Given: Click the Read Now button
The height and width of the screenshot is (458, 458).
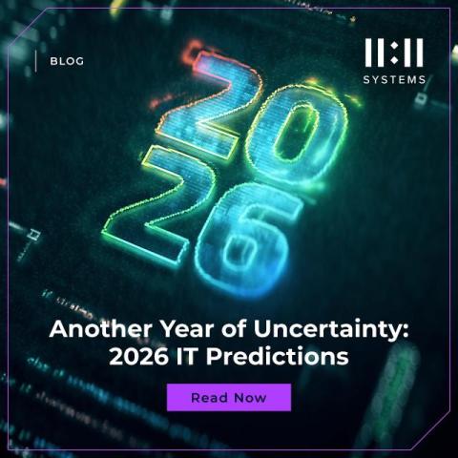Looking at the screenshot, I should [x=229, y=397].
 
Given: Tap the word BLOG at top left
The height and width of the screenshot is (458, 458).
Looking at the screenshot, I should [x=67, y=61].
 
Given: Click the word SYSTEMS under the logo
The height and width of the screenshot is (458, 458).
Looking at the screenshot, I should [x=394, y=80].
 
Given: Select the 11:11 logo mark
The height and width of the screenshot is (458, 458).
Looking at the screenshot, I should [x=394, y=53].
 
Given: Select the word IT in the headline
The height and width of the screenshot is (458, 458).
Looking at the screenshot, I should [x=191, y=359].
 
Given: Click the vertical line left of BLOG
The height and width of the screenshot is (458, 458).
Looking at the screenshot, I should [x=36, y=61].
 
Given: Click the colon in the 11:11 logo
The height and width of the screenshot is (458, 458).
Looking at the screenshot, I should [x=394, y=53].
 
